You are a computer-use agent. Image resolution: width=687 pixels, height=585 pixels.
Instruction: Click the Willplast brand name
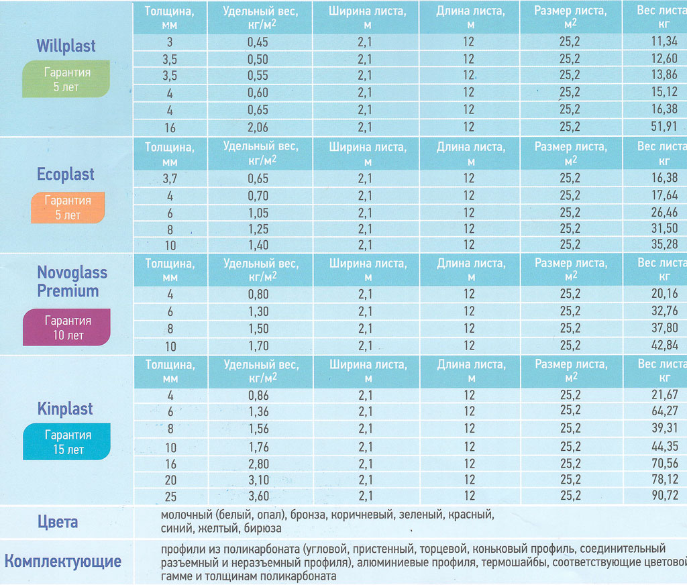(66, 46)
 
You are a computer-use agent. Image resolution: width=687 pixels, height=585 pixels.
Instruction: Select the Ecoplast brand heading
(66, 174)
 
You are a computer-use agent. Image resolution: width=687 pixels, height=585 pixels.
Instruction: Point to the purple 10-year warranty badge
(66, 327)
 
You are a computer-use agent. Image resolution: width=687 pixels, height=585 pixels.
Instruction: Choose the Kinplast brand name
(65, 409)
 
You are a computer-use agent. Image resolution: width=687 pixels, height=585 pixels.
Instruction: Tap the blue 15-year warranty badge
(66, 442)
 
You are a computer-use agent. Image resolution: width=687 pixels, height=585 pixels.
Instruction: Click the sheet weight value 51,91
(664, 127)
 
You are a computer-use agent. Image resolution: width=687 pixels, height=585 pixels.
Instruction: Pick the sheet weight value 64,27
(664, 411)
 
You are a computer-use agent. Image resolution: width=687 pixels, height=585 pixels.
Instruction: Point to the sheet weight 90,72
(664, 496)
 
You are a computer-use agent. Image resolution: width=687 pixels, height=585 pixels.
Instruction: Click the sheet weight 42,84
(664, 345)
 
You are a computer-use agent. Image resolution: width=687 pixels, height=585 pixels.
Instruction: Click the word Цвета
(57, 522)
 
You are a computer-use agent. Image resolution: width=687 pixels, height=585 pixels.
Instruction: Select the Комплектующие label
(63, 561)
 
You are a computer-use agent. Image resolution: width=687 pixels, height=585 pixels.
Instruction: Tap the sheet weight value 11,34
(664, 42)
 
